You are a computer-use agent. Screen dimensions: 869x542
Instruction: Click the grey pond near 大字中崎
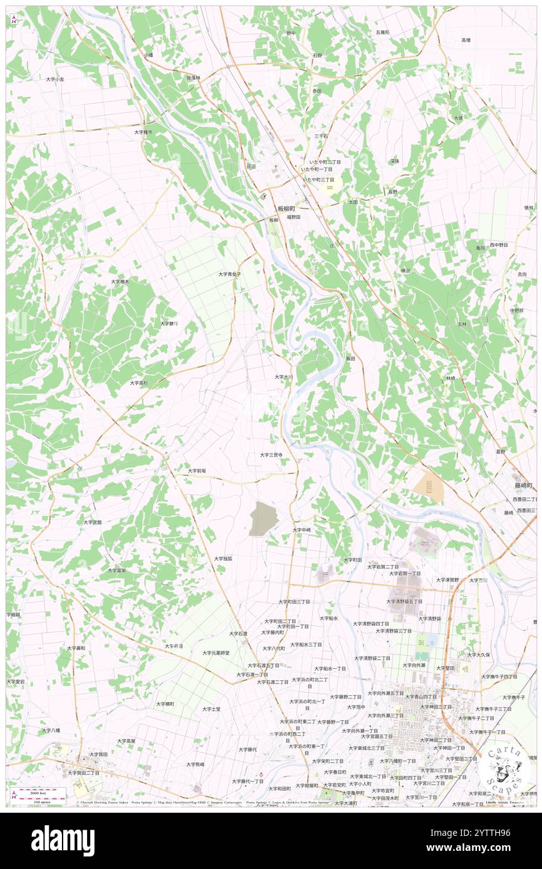click(x=263, y=520)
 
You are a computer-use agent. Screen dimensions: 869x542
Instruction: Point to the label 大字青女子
click(x=230, y=274)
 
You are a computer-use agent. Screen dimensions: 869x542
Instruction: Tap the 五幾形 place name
click(x=382, y=32)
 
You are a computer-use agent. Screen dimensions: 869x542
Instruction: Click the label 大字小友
click(x=55, y=79)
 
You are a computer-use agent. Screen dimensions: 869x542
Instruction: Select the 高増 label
click(x=466, y=40)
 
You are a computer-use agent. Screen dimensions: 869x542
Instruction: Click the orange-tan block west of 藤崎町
click(x=429, y=487)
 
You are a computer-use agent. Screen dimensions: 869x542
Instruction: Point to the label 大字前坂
click(x=197, y=470)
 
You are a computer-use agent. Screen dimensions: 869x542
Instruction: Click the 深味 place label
click(x=394, y=161)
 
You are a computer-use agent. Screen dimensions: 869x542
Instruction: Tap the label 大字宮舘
click(x=93, y=521)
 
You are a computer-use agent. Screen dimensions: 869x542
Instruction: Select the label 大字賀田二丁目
click(x=84, y=773)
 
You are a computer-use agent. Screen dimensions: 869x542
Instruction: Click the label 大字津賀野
click(x=447, y=580)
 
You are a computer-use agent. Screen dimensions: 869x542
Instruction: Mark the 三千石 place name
click(x=321, y=136)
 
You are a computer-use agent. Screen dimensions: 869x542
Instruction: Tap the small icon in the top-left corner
click(x=14, y=21)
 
